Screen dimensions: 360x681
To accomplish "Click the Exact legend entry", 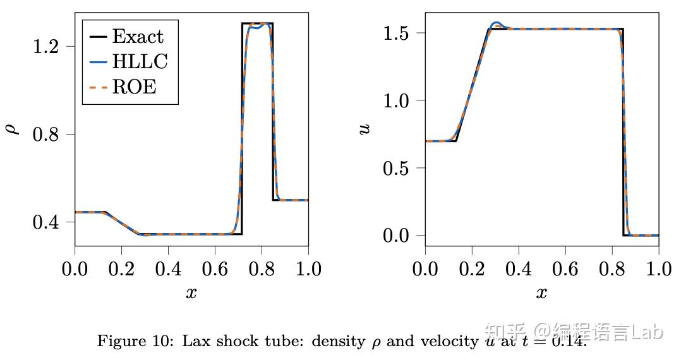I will click(x=137, y=37).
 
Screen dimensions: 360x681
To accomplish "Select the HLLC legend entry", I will click(x=140, y=61).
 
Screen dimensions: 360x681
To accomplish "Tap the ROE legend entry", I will click(x=134, y=87).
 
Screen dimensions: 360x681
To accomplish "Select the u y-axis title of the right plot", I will click(x=365, y=129).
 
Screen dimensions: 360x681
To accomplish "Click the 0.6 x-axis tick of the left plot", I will click(x=215, y=269).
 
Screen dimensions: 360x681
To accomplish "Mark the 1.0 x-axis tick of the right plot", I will click(x=658, y=269).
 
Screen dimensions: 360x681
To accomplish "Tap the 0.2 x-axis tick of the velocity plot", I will click(x=472, y=269).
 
